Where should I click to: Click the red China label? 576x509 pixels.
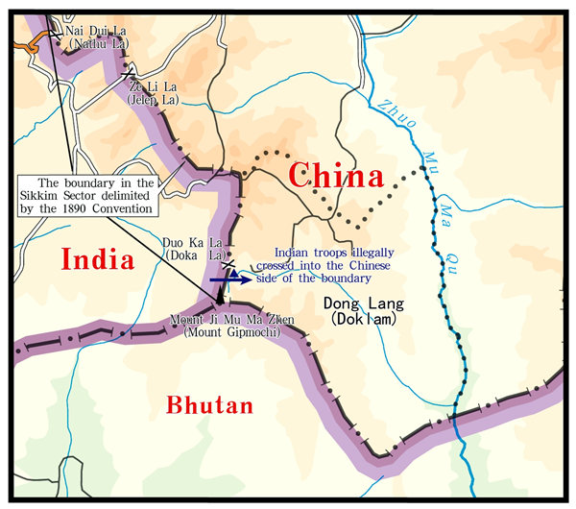(336, 176)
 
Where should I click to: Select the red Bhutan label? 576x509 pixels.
(210, 405)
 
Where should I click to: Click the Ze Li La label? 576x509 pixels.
(152, 86)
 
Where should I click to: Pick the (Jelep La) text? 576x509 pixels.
(152, 98)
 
